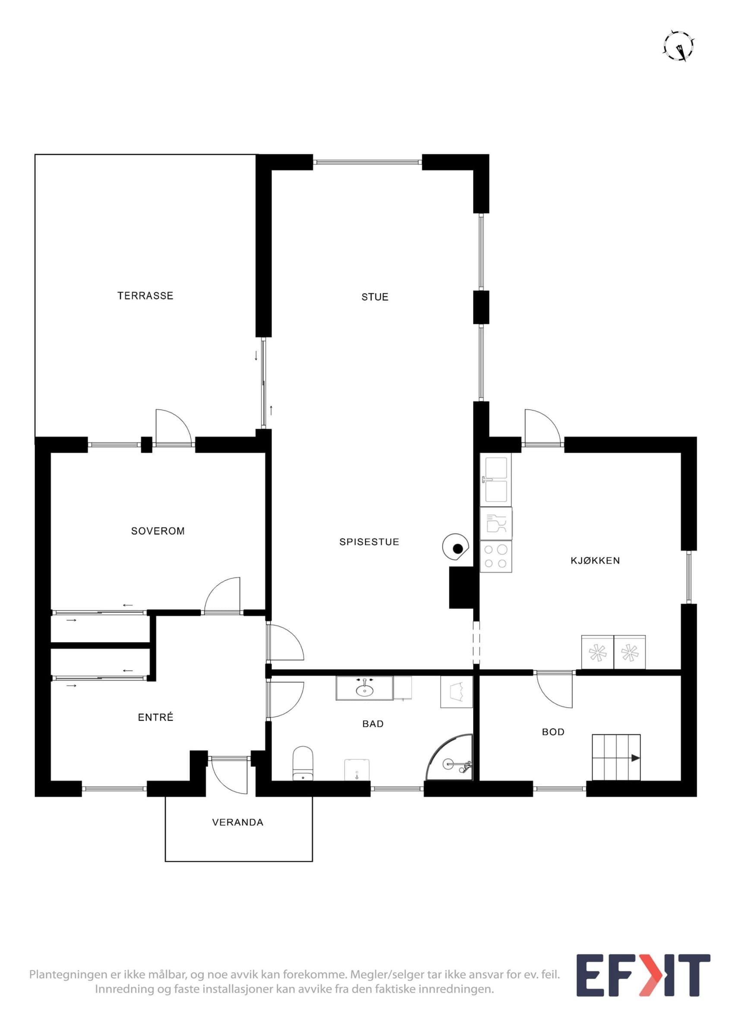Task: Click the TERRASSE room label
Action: [x=145, y=296]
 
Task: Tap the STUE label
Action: [x=375, y=297]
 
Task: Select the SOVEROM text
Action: [x=158, y=531]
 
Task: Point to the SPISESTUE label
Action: [x=369, y=542]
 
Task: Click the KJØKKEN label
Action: [x=595, y=560]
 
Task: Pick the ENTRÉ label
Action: [x=156, y=717]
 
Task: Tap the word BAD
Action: [x=373, y=724]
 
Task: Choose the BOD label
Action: [x=553, y=732]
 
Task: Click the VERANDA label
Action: [x=238, y=822]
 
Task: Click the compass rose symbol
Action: [x=679, y=46]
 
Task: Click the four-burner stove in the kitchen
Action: [x=496, y=556]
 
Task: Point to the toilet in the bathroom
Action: [x=303, y=763]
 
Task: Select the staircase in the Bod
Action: [x=616, y=757]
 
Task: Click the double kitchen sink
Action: [x=496, y=479]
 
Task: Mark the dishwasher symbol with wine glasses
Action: [x=496, y=524]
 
